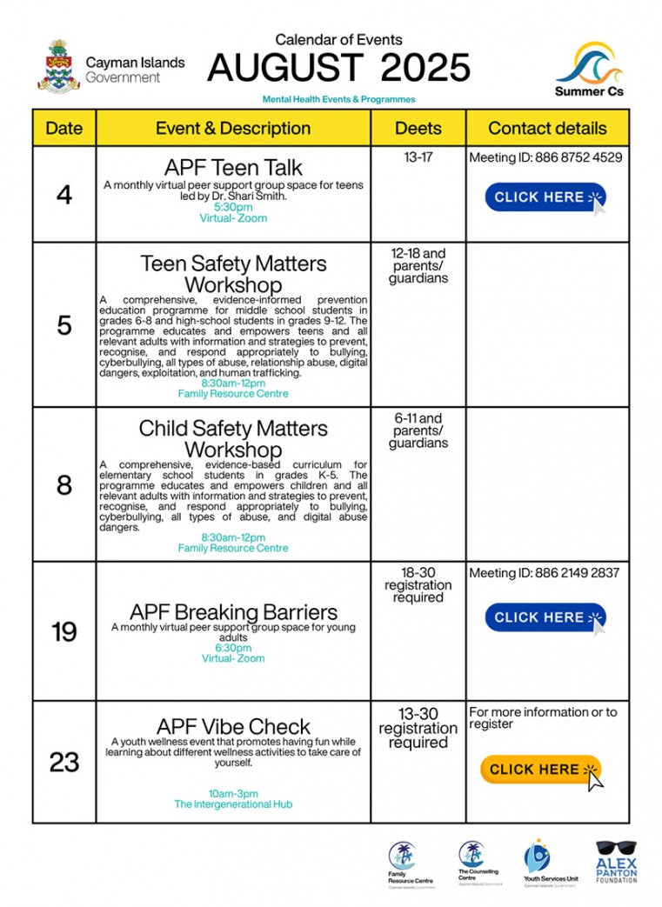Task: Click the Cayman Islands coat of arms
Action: tap(58, 66)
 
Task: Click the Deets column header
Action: tap(418, 129)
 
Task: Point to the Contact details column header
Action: tap(547, 129)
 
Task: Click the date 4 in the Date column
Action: tap(64, 195)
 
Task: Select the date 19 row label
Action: tap(64, 632)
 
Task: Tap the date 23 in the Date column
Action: tap(64, 763)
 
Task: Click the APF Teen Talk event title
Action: tap(233, 168)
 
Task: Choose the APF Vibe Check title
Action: tap(233, 726)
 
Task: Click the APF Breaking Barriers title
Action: tap(233, 611)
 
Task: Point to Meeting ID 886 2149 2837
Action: tap(545, 573)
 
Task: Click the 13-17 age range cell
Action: tap(418, 157)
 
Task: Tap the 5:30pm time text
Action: tap(233, 207)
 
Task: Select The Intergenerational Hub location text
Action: tap(233, 804)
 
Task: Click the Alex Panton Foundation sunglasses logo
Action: tap(616, 861)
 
